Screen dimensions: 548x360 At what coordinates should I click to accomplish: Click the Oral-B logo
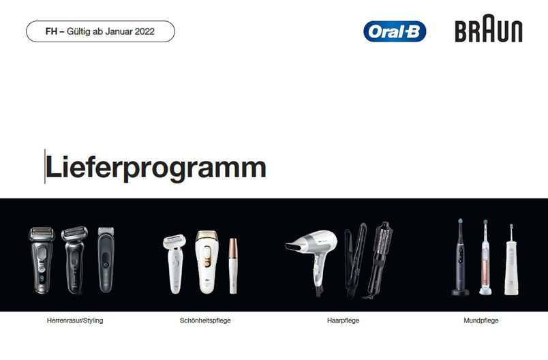[395, 31]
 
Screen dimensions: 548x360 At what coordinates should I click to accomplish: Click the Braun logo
[489, 29]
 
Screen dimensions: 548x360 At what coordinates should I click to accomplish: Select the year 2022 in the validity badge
[144, 31]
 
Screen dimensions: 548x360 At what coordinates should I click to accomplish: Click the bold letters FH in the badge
[51, 31]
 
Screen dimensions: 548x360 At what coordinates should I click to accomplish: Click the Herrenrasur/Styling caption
[75, 320]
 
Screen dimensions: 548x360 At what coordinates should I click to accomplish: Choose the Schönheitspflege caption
[205, 320]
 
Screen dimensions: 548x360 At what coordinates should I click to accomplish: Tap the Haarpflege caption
[343, 320]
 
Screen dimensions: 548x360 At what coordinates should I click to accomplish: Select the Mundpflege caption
[481, 320]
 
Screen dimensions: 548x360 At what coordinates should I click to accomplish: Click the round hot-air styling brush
[380, 258]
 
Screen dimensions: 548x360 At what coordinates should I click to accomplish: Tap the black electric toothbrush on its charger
[460, 257]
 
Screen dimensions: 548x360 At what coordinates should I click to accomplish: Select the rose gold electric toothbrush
[485, 258]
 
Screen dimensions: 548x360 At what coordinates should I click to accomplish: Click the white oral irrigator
[511, 260]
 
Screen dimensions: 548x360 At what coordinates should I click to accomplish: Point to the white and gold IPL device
[207, 261]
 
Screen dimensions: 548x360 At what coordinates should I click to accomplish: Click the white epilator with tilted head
[175, 262]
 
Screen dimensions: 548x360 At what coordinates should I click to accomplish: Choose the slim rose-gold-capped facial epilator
[233, 266]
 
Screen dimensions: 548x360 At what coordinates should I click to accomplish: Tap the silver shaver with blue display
[42, 260]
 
